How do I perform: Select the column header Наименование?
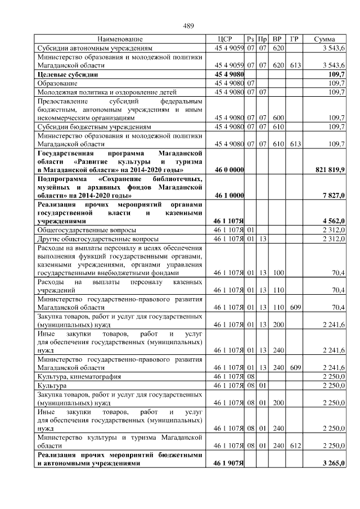pyautogui.click(x=120, y=39)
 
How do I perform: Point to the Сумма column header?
pyautogui.click(x=325, y=39)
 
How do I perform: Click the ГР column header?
pyautogui.click(x=294, y=39)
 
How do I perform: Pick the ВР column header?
pyautogui.click(x=277, y=39)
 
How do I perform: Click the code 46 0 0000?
pyautogui.click(x=229, y=169)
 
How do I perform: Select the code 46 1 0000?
pyautogui.click(x=229, y=195)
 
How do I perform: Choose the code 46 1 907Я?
pyautogui.click(x=228, y=463)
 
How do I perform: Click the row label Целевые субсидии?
pyautogui.click(x=67, y=74)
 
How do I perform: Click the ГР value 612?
pyautogui.click(x=294, y=445)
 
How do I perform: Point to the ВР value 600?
pyautogui.click(x=277, y=118)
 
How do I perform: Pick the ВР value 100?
pyautogui.click(x=277, y=273)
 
